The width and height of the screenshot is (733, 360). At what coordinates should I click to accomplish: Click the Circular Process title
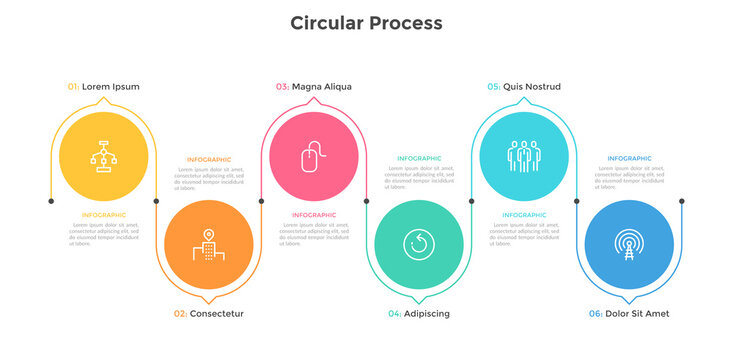(x=366, y=22)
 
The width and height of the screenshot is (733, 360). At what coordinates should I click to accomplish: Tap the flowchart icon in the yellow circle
(x=104, y=156)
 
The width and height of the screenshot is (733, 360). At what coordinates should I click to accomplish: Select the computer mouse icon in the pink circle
(x=314, y=156)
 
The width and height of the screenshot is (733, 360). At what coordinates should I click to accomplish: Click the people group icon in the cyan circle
(x=524, y=156)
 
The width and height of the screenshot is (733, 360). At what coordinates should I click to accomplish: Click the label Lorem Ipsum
(x=111, y=87)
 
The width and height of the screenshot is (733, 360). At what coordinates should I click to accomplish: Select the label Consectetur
(x=216, y=313)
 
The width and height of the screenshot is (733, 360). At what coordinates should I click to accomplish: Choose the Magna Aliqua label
(x=321, y=87)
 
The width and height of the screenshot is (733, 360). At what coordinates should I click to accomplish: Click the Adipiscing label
(x=426, y=313)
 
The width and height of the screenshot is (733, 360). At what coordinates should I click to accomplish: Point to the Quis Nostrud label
(x=531, y=87)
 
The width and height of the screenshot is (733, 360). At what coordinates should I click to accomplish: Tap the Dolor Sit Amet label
(x=637, y=313)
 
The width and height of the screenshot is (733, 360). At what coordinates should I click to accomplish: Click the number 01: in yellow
(x=73, y=87)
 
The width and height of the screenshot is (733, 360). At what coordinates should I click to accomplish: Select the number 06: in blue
(x=595, y=313)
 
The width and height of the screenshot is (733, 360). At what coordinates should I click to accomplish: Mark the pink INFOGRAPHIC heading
(x=314, y=215)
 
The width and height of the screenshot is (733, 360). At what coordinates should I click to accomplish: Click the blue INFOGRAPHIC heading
(x=629, y=159)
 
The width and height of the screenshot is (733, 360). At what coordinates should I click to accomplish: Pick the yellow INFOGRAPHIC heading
(x=104, y=215)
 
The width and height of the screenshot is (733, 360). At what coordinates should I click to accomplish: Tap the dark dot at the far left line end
(x=51, y=201)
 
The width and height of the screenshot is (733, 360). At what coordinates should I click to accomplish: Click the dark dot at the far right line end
(x=682, y=201)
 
